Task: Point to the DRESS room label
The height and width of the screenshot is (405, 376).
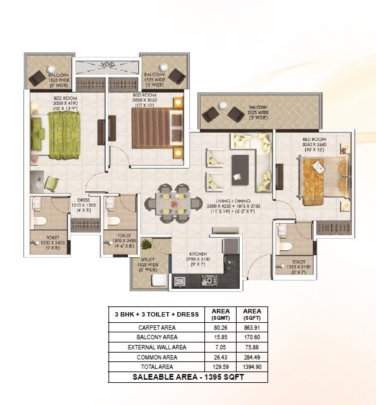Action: pyautogui.click(x=85, y=202)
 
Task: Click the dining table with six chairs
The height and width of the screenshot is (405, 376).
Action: pyautogui.click(x=169, y=204)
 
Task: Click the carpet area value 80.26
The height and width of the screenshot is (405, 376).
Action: pyautogui.click(x=218, y=328)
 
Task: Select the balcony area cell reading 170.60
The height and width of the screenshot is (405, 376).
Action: pyautogui.click(x=251, y=337)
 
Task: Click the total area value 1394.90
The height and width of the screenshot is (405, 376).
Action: pyautogui.click(x=251, y=366)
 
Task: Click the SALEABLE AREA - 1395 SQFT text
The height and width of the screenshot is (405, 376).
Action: pyautogui.click(x=187, y=377)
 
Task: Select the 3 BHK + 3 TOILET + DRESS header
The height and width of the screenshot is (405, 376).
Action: pyautogui.click(x=156, y=315)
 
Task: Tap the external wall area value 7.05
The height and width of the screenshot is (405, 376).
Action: pyautogui.click(x=218, y=347)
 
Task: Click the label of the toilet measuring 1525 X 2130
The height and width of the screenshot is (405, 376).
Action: pyautogui.click(x=298, y=263)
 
